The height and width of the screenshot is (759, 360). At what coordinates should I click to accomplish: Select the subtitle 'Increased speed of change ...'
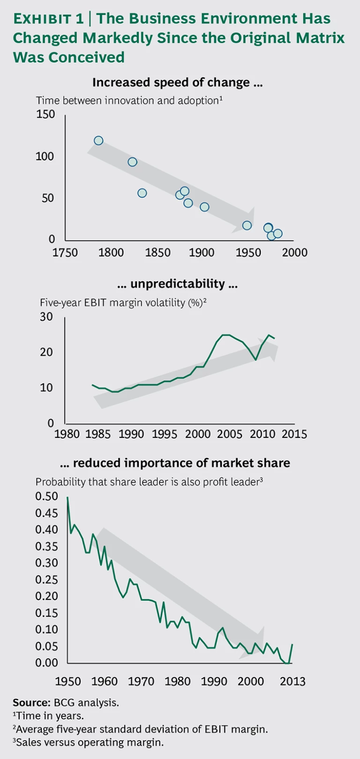(x=177, y=83)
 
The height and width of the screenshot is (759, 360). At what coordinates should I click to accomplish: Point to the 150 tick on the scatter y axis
(x=45, y=114)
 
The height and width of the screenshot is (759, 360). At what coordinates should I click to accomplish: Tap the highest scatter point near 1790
(x=98, y=141)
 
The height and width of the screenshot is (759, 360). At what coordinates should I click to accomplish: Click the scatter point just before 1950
(x=247, y=225)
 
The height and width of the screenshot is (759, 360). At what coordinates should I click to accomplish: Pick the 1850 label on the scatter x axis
(x=157, y=252)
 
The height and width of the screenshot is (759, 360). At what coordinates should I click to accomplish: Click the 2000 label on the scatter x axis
(x=295, y=252)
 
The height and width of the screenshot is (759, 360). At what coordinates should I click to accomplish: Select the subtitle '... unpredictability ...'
(x=177, y=284)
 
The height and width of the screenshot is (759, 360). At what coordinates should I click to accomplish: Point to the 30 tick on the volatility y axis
(x=46, y=317)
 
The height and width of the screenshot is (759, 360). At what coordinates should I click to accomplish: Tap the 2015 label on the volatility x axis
(x=294, y=434)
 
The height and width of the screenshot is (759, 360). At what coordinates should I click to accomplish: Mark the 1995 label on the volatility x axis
(x=165, y=434)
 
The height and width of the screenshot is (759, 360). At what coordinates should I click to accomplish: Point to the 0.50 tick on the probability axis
(x=47, y=496)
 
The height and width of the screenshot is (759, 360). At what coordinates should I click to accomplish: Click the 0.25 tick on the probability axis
(x=47, y=579)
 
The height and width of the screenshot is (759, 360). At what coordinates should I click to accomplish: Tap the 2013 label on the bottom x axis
(x=292, y=681)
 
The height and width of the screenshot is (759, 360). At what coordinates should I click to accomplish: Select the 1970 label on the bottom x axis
(x=141, y=681)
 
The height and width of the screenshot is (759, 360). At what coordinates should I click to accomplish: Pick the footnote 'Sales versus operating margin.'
(x=90, y=742)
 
